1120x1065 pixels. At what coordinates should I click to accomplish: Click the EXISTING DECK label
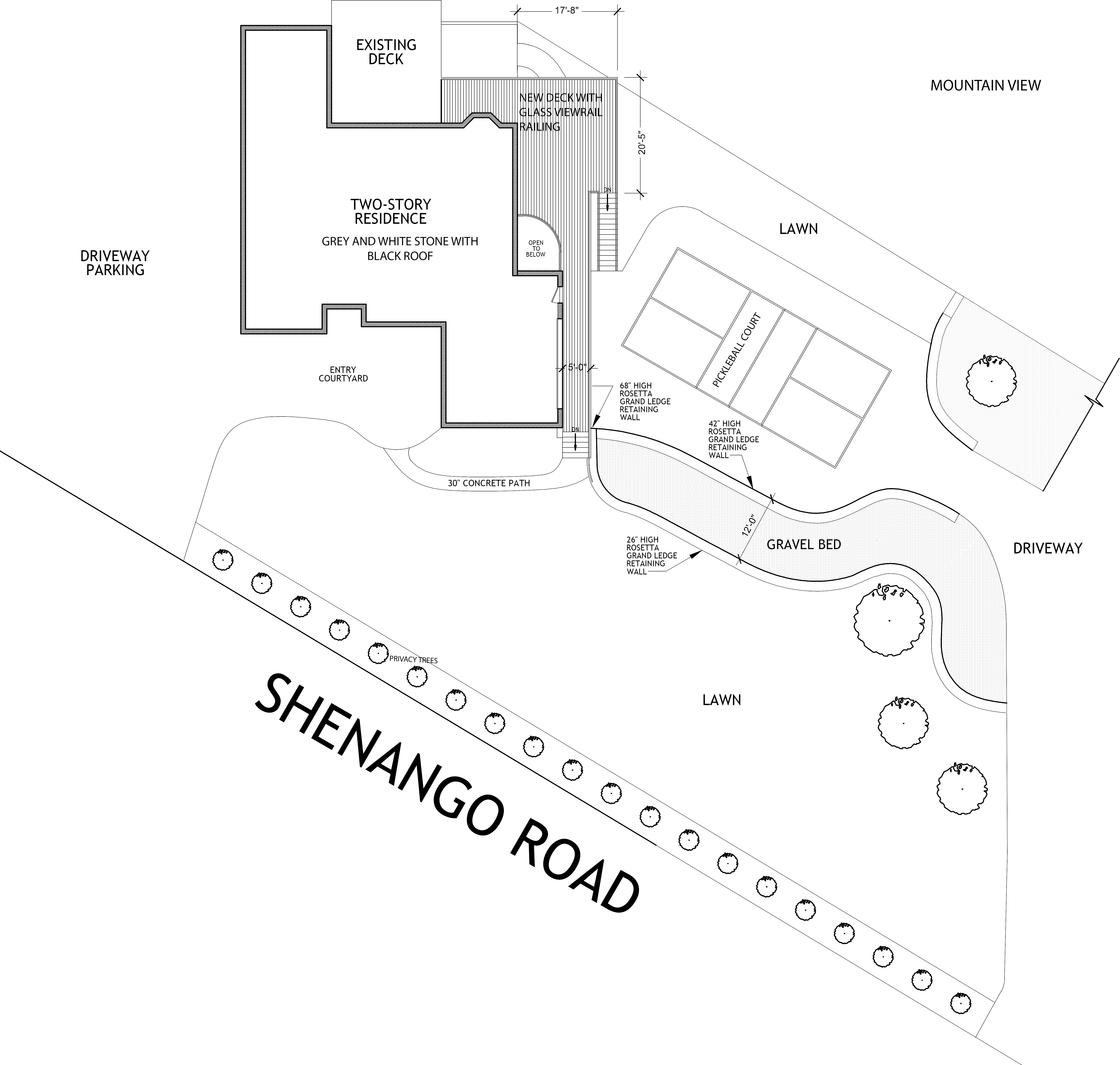(386, 52)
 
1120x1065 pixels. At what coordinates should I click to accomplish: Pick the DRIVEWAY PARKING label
(115, 263)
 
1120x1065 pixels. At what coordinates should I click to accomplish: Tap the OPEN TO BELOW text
(536, 248)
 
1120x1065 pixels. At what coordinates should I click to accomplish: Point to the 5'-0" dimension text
(577, 367)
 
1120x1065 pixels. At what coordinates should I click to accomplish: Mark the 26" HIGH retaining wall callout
(651, 555)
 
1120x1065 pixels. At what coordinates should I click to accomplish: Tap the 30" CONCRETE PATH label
(489, 483)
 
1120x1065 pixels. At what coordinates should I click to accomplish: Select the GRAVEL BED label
(803, 544)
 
